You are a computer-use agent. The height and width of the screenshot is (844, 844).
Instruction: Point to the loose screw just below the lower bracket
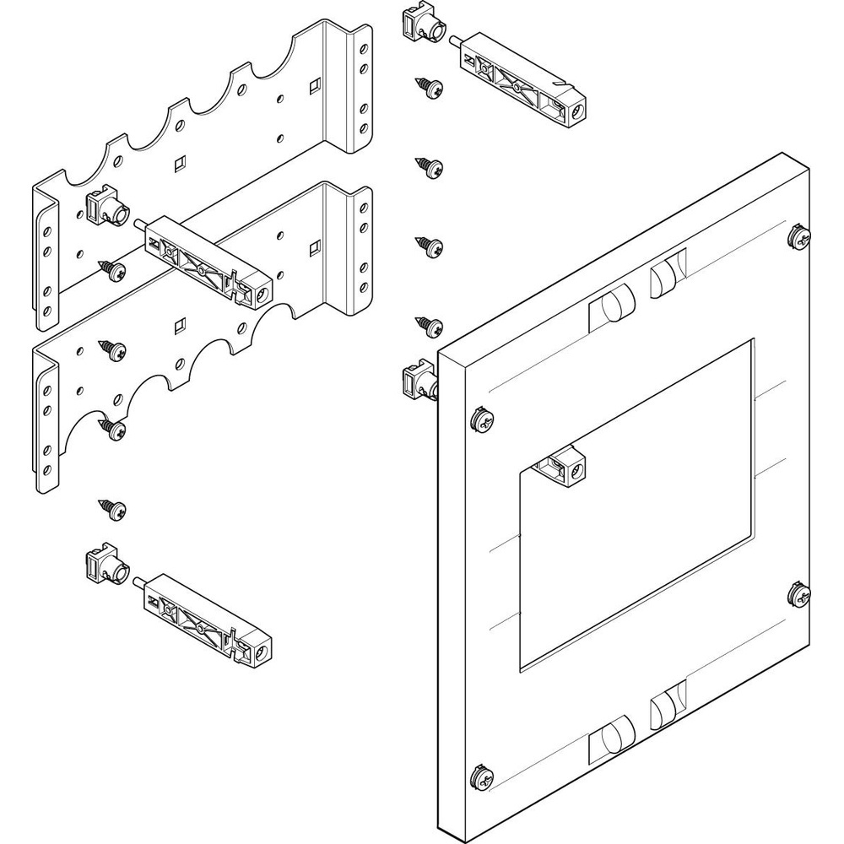[114, 509]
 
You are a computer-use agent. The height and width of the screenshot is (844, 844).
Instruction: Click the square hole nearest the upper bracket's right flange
[314, 84]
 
